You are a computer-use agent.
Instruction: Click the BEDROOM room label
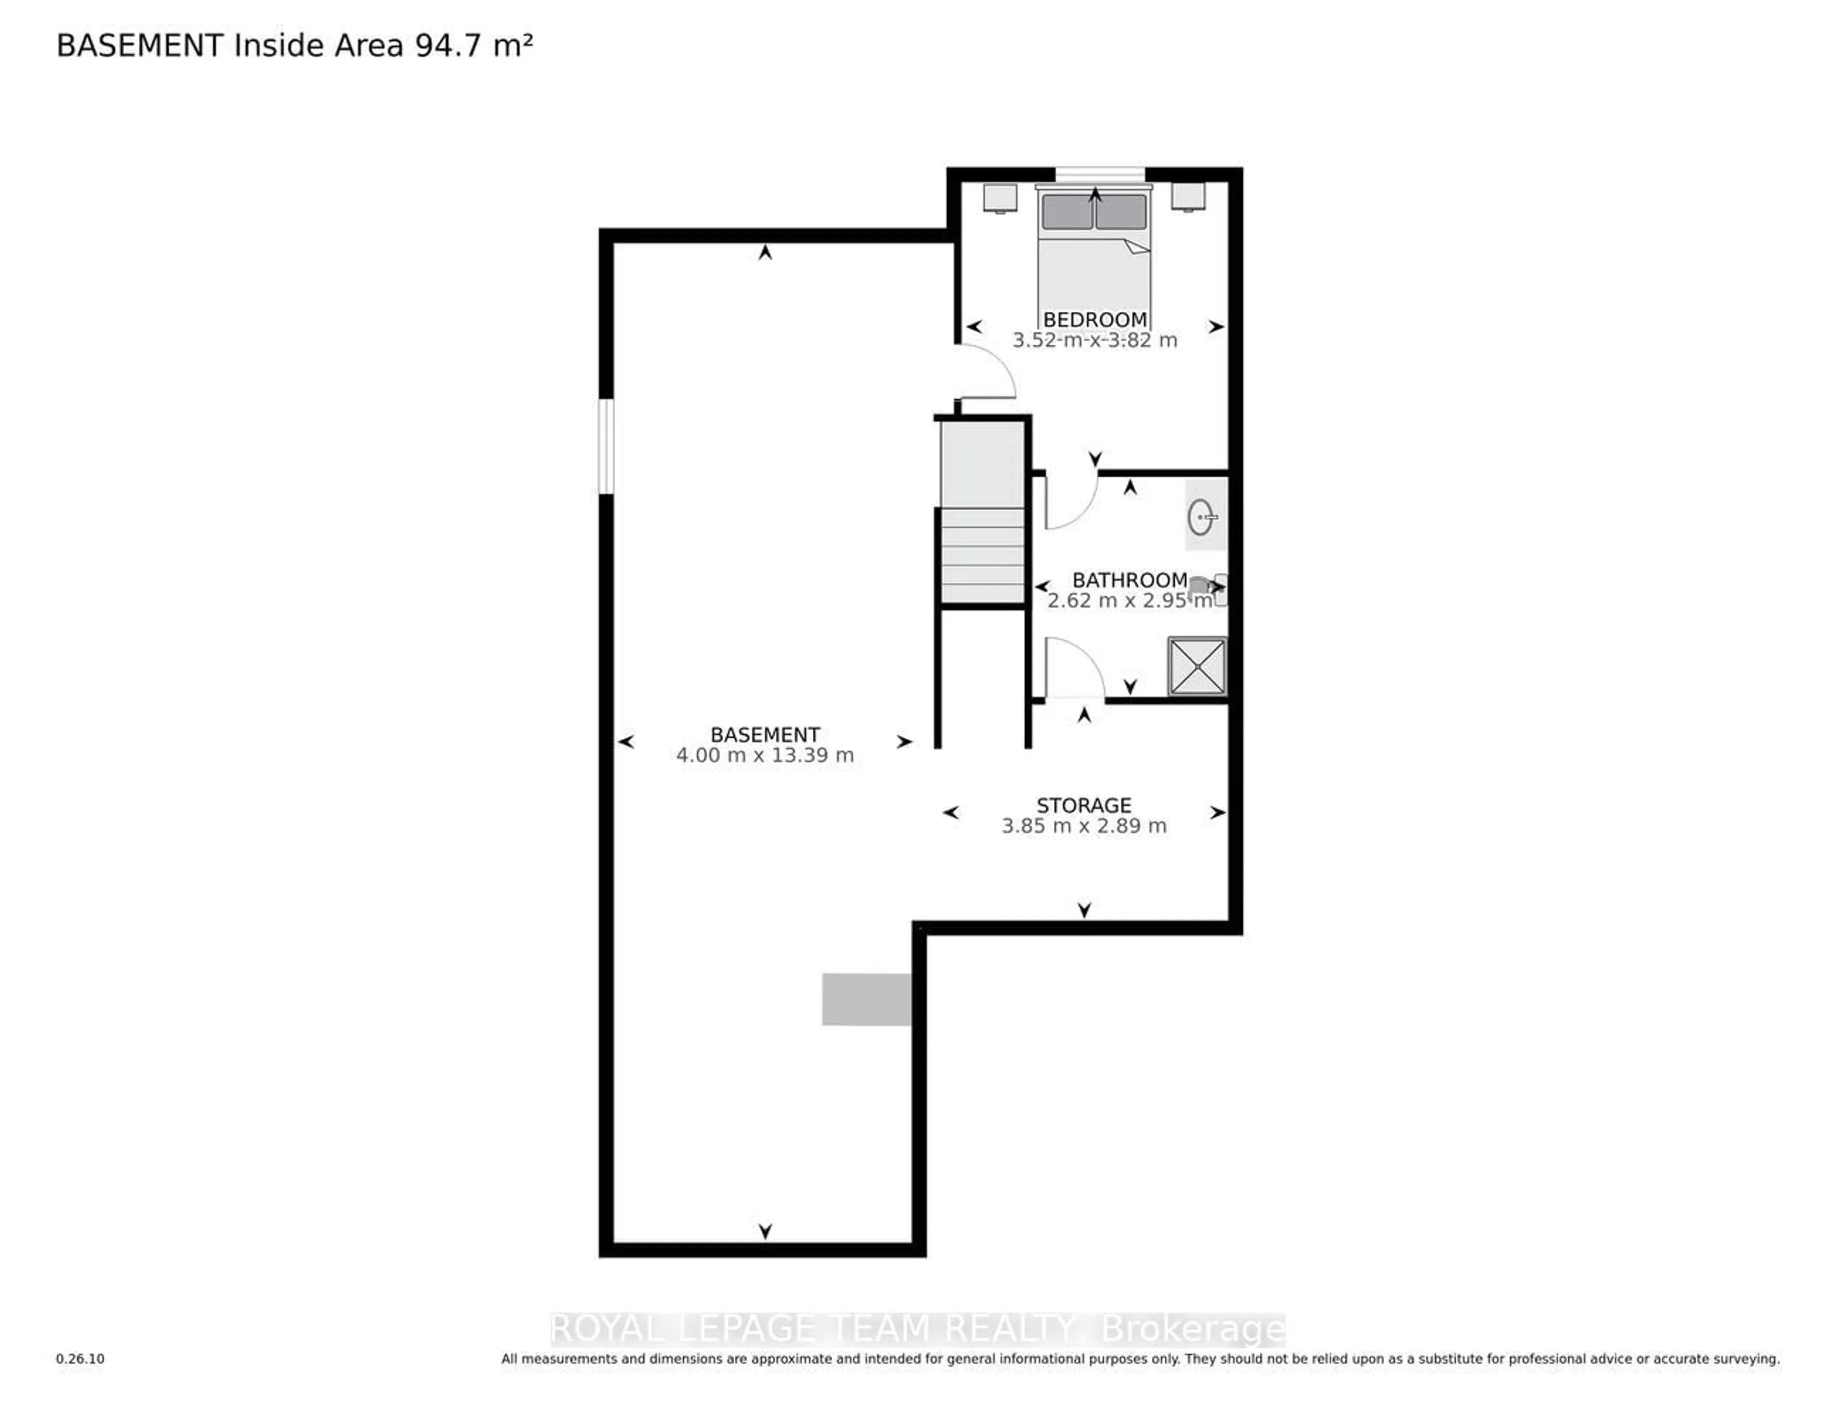[x=1094, y=319]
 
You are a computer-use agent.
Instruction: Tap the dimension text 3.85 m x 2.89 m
[x=1083, y=826]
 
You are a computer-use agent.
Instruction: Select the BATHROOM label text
[x=1129, y=580]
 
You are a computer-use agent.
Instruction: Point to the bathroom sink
[x=1202, y=516]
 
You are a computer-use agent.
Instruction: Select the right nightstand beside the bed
[x=1188, y=196]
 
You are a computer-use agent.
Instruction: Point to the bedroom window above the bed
[x=1100, y=174]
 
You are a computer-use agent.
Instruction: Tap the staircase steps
[x=982, y=555]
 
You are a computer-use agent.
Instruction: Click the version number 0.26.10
[x=81, y=1358]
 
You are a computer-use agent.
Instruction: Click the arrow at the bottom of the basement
[x=765, y=1231]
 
